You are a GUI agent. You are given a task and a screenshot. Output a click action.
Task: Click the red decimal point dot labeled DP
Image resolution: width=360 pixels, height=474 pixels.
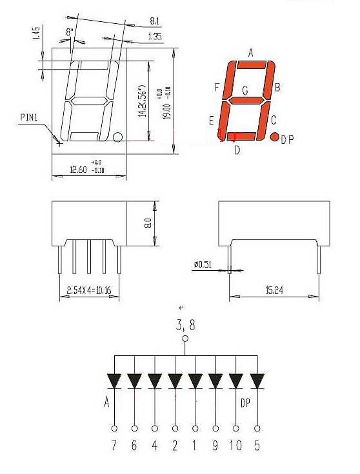click(274, 137)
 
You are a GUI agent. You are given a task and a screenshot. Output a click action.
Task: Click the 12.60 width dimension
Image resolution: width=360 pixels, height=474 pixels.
click(80, 170)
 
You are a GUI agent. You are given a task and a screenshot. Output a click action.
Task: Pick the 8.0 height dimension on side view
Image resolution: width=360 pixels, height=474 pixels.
click(148, 224)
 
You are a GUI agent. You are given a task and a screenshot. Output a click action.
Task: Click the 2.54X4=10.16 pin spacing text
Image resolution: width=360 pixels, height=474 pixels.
click(89, 290)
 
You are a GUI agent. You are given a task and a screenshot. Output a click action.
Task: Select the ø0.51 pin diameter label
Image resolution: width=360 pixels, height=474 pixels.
click(203, 264)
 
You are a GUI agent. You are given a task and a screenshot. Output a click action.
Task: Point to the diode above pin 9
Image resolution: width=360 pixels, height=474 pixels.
click(216, 381)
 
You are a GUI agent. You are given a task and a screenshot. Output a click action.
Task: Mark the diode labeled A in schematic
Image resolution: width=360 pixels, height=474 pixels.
click(115, 381)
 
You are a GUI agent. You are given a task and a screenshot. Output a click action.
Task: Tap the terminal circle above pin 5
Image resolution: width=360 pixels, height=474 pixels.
click(257, 428)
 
